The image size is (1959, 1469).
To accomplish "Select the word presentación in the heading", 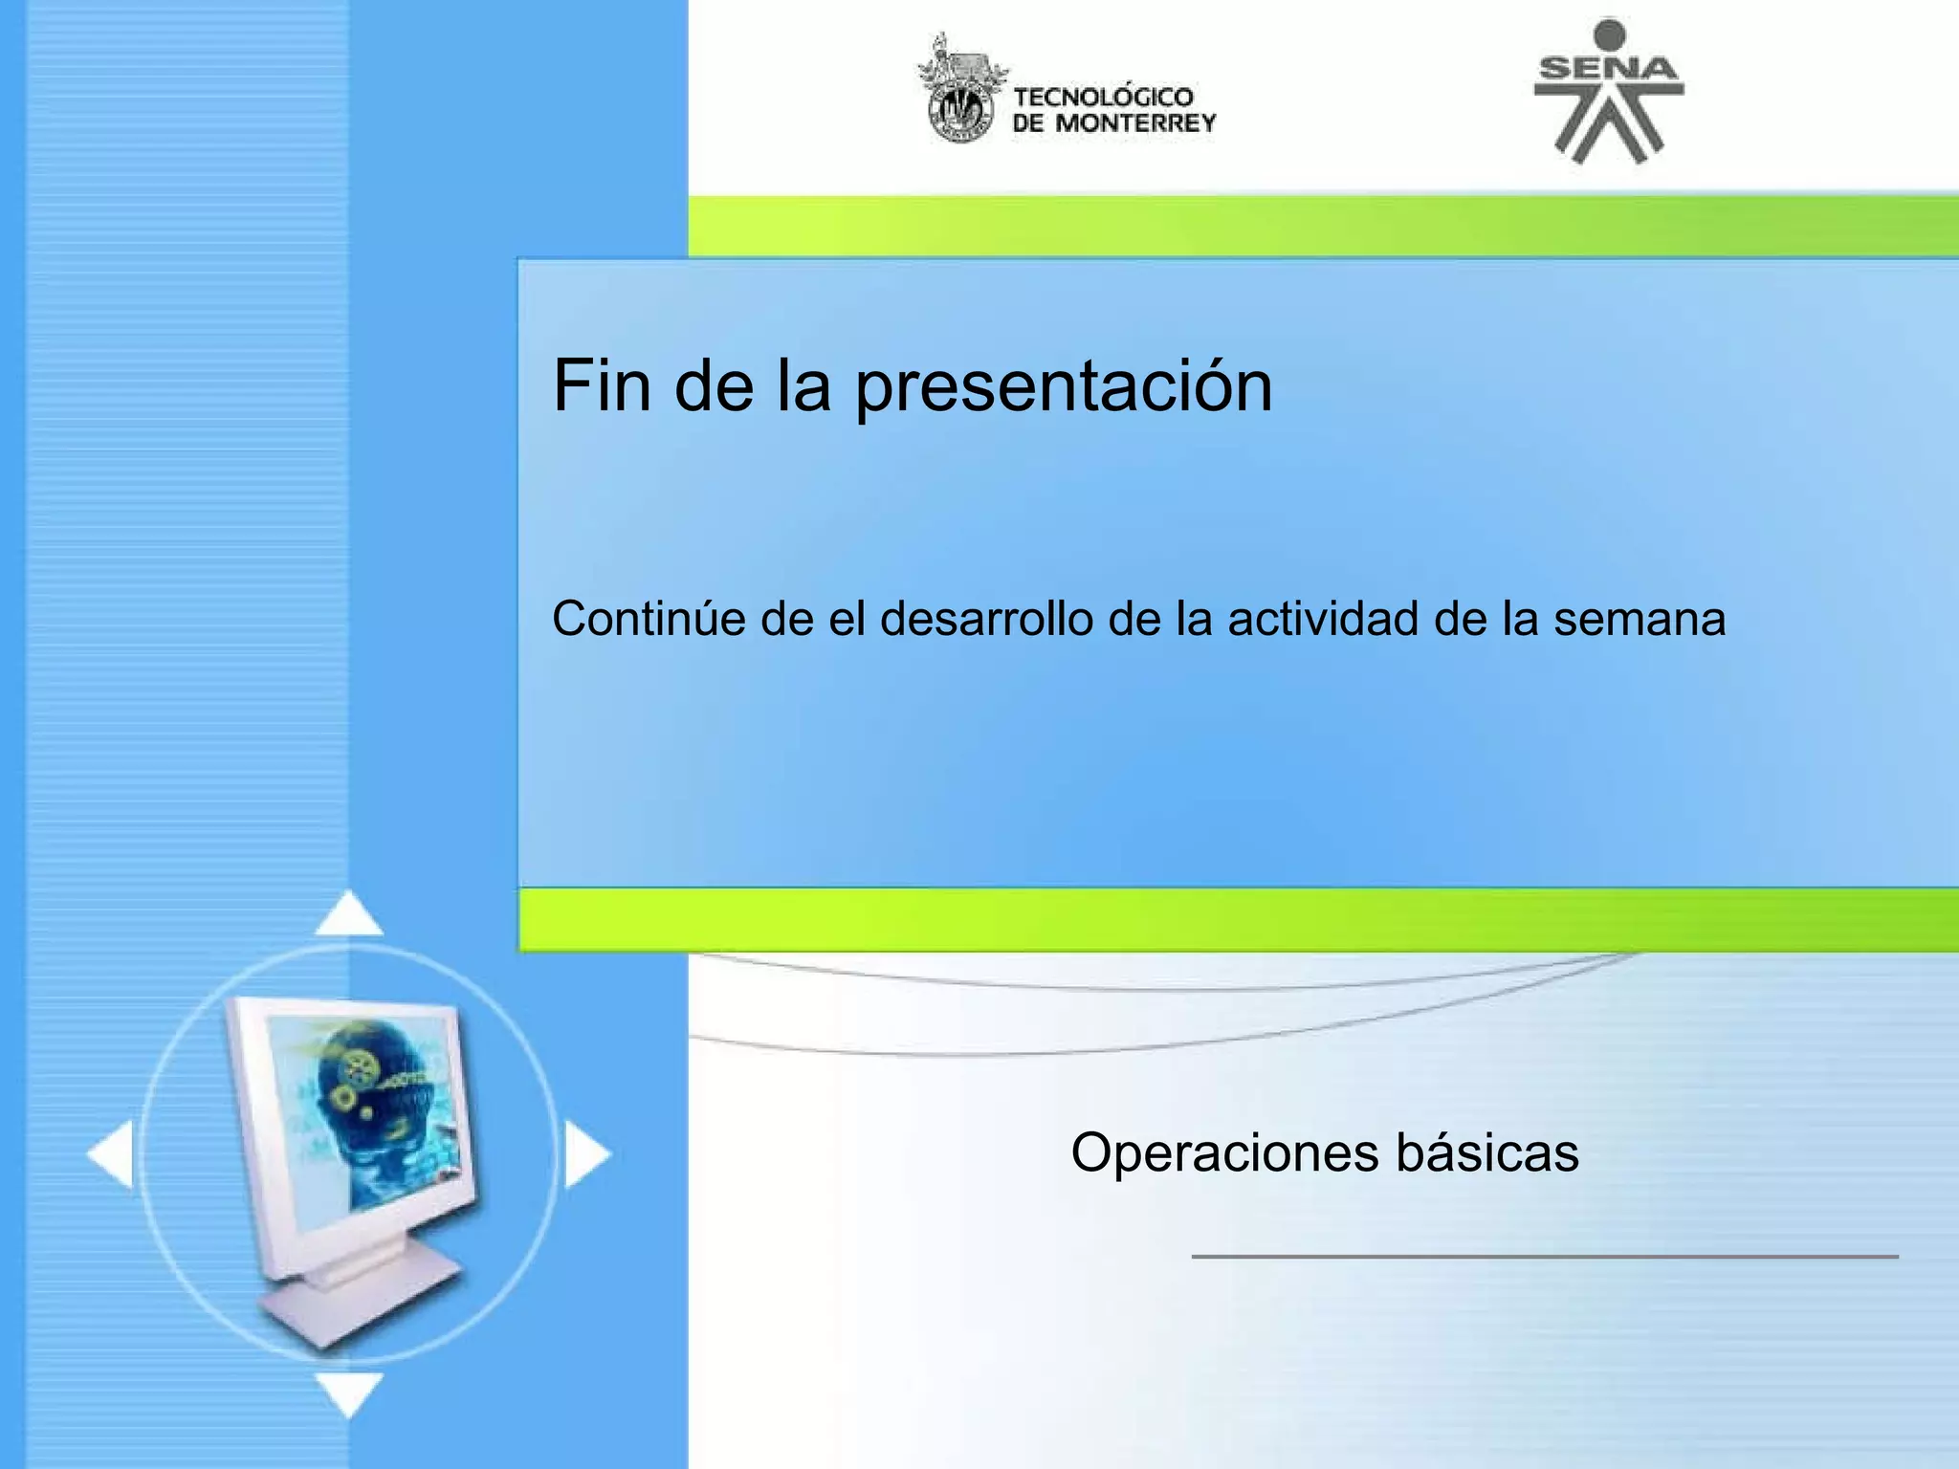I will pos(1064,387).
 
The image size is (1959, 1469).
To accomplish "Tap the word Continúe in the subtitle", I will pos(649,619).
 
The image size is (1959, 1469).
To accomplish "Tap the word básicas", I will pos(1487,1152).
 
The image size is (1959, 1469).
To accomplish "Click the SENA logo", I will pos(1609,92).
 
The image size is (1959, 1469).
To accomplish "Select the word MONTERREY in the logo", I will pos(1134,123).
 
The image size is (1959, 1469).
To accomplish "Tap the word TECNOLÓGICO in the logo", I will pos(1103,97).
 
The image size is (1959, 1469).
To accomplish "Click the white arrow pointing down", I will pos(349,1392).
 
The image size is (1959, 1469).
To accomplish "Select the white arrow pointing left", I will pos(112,1155).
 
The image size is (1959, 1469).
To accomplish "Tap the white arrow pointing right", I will pos(585,1155).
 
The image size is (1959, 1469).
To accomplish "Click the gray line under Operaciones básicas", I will pos(1544,1256).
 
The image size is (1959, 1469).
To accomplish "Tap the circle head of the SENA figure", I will pos(1610,34).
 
